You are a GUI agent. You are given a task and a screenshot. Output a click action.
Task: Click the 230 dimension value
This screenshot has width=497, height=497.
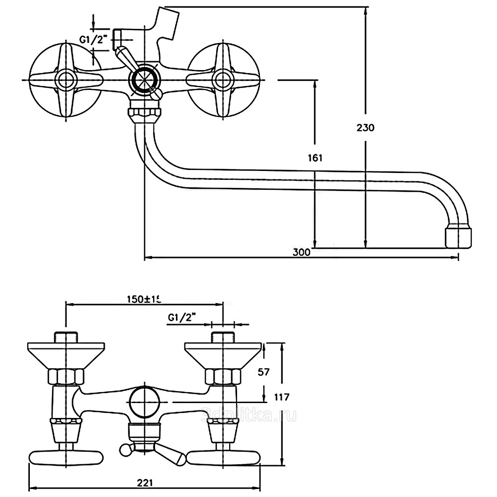[365, 127]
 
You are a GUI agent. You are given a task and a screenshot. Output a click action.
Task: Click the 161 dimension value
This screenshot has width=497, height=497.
[315, 158]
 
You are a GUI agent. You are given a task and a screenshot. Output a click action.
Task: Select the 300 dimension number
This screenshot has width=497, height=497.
[301, 252]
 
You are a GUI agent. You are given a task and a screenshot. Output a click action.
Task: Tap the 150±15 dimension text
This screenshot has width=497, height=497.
[144, 299]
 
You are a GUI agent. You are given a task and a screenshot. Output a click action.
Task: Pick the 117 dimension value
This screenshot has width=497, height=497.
[281, 397]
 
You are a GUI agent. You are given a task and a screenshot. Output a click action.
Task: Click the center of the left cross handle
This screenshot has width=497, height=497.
[66, 80]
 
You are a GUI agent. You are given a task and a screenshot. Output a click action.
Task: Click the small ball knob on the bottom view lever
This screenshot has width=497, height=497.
[126, 450]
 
